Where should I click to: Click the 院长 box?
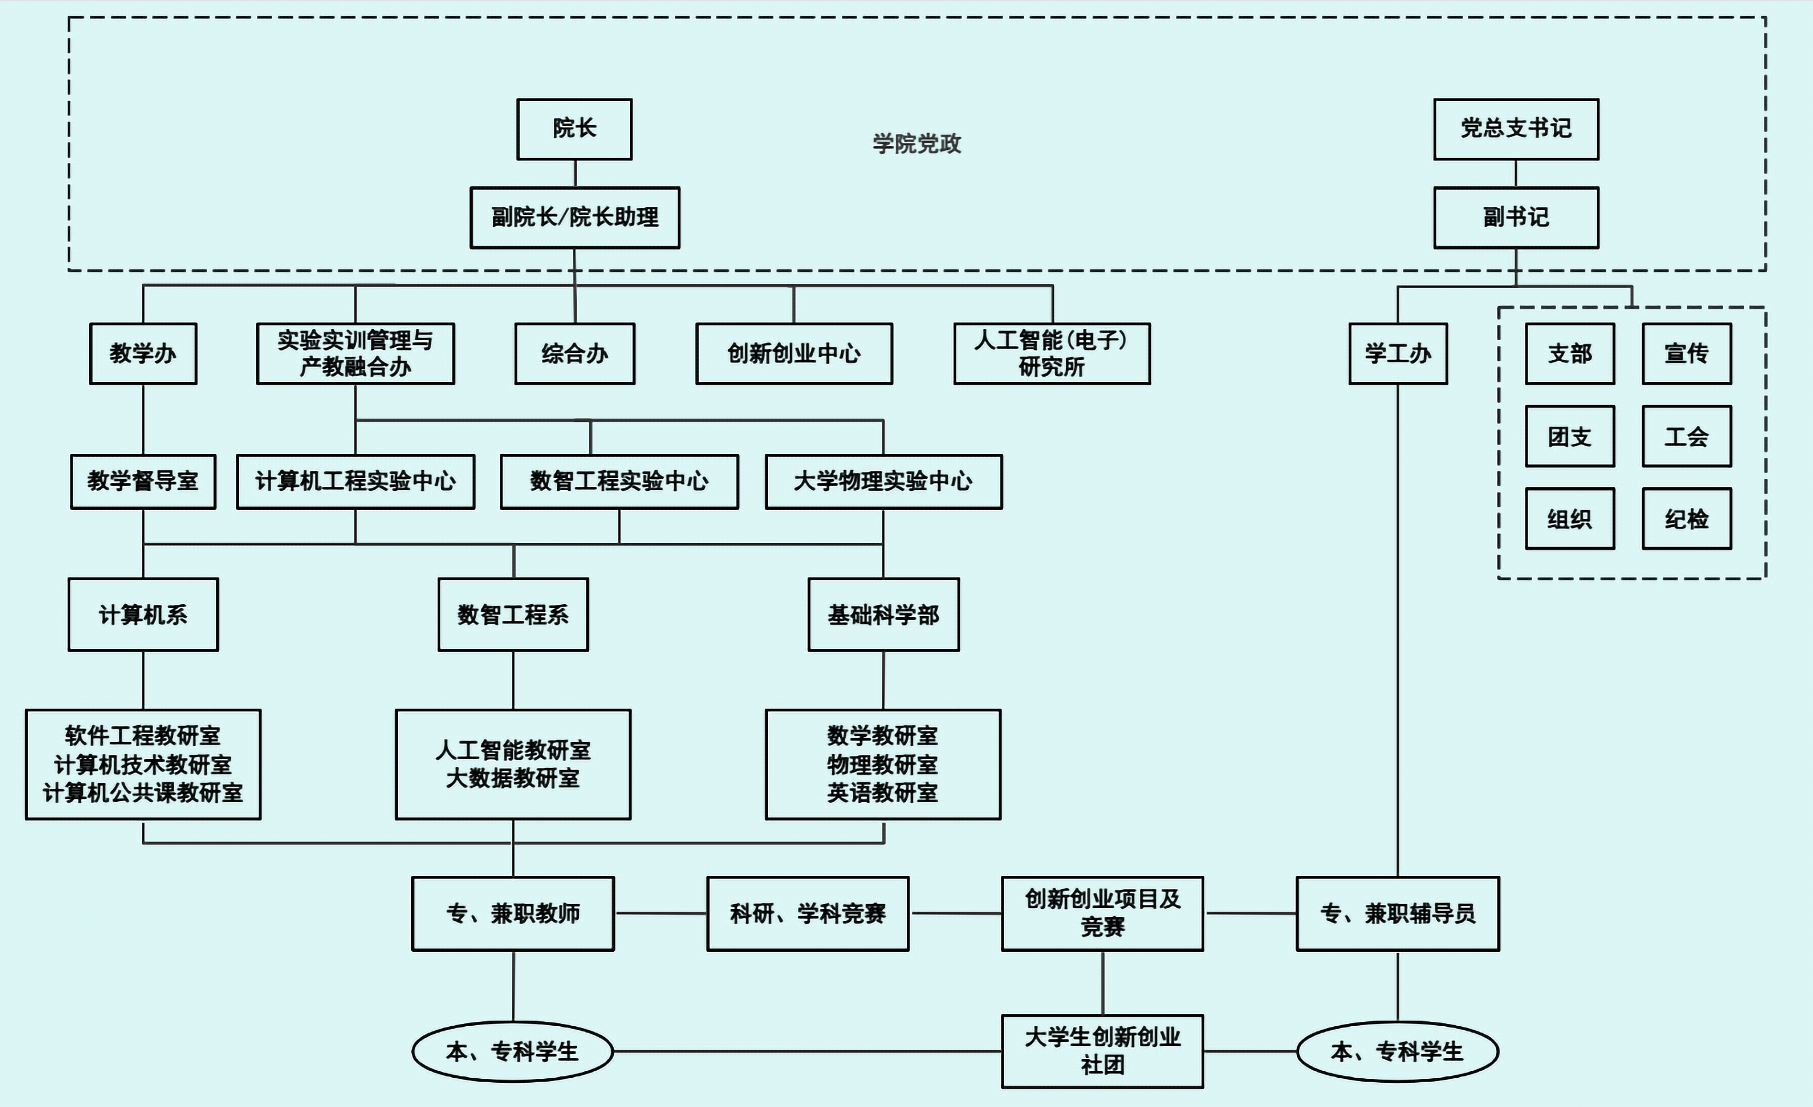coord(574,129)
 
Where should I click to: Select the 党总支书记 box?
coord(1516,129)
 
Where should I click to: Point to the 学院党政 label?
coord(917,143)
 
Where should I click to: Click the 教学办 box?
coord(143,353)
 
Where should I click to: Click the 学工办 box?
coord(1397,353)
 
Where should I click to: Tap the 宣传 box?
coord(1686,353)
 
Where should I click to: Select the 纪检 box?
coord(1686,519)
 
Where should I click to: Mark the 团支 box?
coord(1569,437)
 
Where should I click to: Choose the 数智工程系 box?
coord(513,614)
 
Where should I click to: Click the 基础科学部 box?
coord(883,614)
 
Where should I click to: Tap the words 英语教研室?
coord(882,793)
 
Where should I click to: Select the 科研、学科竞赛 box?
coord(807,914)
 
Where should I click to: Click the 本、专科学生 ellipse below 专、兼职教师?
coord(512,1051)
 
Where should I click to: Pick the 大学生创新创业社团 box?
coord(1102,1051)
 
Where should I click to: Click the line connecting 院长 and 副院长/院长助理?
coord(575,174)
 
